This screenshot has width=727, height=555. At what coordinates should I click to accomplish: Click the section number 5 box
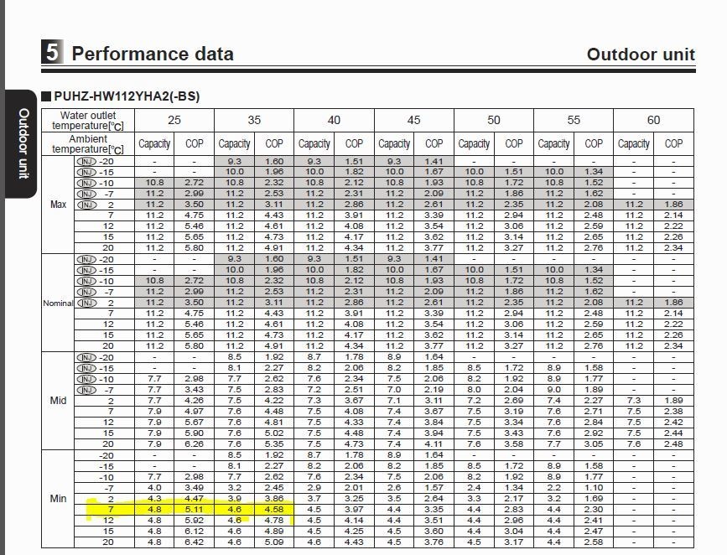click(52, 53)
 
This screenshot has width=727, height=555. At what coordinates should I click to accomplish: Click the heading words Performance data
click(153, 54)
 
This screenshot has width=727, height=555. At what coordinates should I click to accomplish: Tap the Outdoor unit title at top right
click(641, 54)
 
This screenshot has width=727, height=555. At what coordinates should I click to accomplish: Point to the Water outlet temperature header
click(87, 120)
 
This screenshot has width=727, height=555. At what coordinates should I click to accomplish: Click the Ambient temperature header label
click(87, 143)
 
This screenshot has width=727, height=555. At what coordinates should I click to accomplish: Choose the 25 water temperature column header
click(174, 120)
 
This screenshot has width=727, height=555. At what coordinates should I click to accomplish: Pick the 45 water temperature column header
click(413, 120)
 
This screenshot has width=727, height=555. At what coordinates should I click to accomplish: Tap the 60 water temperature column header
click(653, 120)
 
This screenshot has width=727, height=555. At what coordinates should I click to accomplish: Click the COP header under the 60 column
click(673, 143)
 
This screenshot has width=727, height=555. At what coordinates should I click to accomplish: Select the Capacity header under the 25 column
click(154, 143)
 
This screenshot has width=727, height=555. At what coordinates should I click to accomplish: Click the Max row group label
click(59, 205)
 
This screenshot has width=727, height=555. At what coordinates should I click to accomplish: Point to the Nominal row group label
click(58, 303)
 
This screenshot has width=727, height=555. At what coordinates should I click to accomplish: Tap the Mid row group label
click(59, 400)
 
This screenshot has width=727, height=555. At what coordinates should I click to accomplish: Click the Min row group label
click(59, 498)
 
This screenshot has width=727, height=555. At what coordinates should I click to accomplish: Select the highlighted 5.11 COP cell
click(194, 509)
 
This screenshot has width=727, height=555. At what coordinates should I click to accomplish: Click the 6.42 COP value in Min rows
click(194, 542)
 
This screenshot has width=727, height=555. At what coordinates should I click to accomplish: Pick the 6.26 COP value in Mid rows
click(194, 443)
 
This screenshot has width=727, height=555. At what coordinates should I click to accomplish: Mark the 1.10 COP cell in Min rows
click(594, 487)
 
